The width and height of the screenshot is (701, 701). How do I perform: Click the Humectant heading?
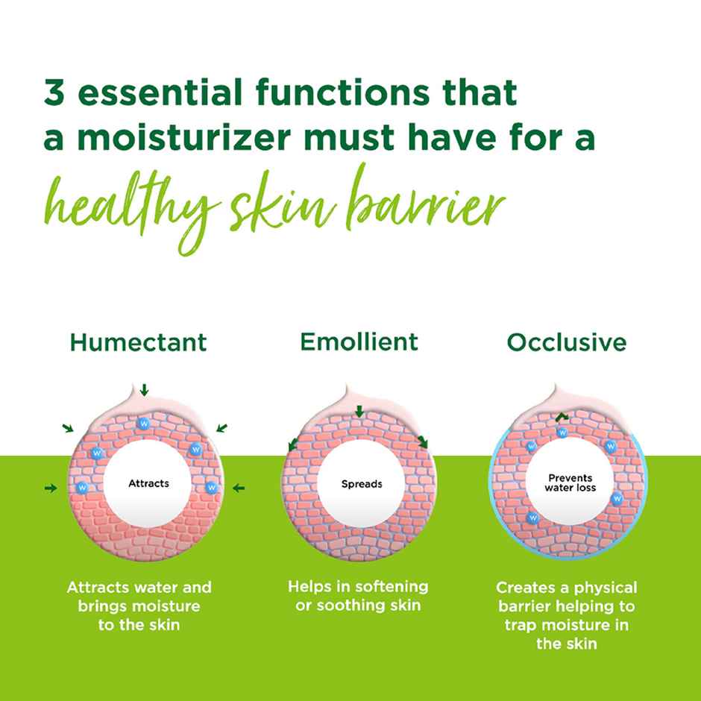tap(138, 343)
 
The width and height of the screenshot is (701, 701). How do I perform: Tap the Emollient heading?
tap(359, 342)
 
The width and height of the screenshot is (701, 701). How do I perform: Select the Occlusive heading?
tap(567, 343)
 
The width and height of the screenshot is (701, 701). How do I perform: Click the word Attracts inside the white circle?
tap(148, 483)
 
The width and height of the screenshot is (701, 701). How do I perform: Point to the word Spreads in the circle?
tap(362, 484)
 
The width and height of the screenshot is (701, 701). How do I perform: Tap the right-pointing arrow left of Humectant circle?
tap(51, 488)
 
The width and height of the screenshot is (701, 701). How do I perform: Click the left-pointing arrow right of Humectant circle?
tap(239, 488)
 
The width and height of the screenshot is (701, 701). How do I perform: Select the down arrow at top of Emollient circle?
tap(359, 412)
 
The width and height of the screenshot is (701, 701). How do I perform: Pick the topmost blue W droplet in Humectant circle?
tap(142, 424)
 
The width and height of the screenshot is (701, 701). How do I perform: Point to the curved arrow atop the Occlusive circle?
tap(560, 416)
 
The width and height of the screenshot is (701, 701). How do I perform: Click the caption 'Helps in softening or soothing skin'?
tap(358, 595)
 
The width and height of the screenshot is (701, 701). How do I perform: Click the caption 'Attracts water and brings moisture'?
tap(139, 606)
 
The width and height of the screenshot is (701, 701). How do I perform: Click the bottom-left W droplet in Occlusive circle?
tap(533, 517)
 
